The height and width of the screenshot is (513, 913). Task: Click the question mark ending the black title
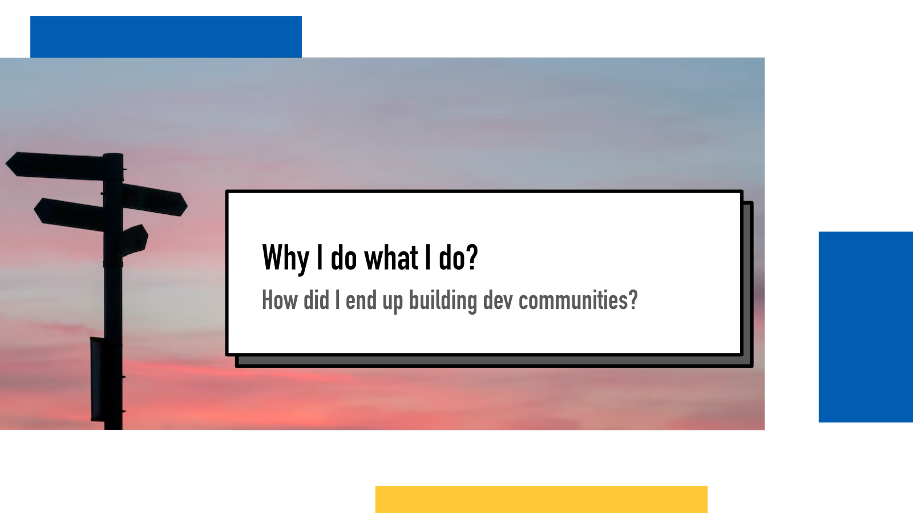[x=472, y=256]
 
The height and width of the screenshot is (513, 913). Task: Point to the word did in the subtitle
[x=316, y=300]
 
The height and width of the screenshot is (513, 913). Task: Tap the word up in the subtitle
[x=393, y=303]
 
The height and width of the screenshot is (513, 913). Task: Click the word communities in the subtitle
[x=573, y=300]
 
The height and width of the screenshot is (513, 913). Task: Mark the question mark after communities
[x=633, y=300]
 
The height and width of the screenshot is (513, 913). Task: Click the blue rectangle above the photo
[x=166, y=36]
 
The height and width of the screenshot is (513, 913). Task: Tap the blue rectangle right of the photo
[x=866, y=327]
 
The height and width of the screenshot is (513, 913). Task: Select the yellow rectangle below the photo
[x=542, y=499]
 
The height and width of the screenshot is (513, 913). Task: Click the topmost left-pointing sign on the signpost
[x=55, y=166]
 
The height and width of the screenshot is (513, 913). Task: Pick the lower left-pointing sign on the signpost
[x=69, y=214]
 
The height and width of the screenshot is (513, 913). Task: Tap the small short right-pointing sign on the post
[x=135, y=240]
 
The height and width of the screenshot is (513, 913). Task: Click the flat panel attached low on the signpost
[x=96, y=378]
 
